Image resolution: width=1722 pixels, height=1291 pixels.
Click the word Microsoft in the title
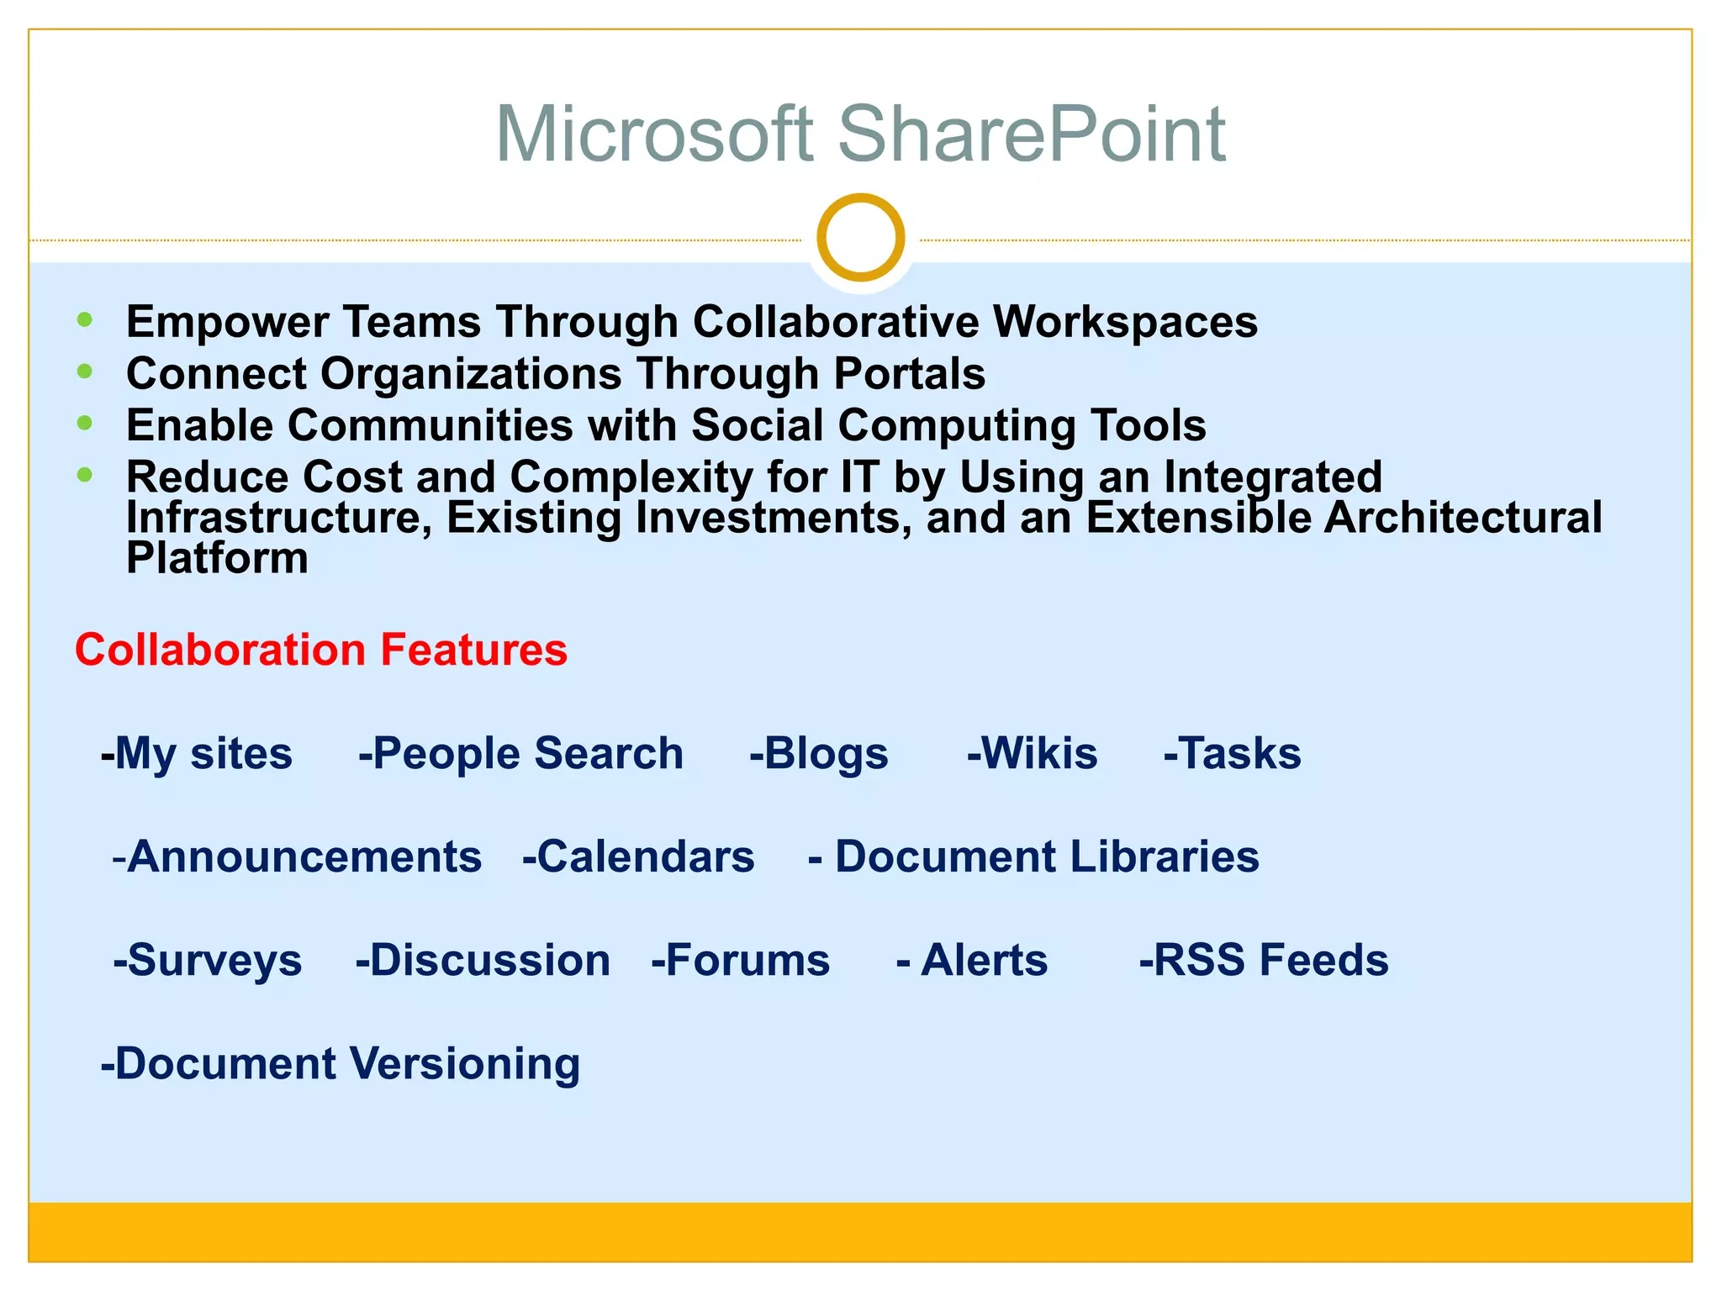click(654, 134)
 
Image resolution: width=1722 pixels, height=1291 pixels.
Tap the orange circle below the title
click(860, 237)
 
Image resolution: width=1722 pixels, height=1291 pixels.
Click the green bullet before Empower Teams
click(84, 319)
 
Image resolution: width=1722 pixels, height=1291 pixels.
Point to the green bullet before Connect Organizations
click(84, 371)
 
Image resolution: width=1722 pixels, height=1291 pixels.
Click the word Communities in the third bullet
click(430, 425)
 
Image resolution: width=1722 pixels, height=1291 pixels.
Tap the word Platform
click(217, 558)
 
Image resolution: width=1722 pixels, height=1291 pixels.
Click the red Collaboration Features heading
click(321, 650)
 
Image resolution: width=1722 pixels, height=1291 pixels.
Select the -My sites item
click(196, 753)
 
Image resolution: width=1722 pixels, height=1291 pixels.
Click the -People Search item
click(520, 753)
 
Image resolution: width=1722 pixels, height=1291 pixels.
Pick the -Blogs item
click(818, 753)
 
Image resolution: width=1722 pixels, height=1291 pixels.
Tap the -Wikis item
click(1032, 753)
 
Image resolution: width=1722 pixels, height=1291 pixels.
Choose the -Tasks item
click(1232, 753)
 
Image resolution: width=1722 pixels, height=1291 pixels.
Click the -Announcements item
click(297, 856)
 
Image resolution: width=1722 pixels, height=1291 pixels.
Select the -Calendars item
click(638, 856)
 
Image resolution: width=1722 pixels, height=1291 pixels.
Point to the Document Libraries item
click(1034, 856)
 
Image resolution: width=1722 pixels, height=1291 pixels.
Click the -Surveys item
click(208, 960)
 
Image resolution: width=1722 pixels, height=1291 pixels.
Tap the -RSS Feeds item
click(1263, 960)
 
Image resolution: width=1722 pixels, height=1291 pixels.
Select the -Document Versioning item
click(341, 1063)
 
